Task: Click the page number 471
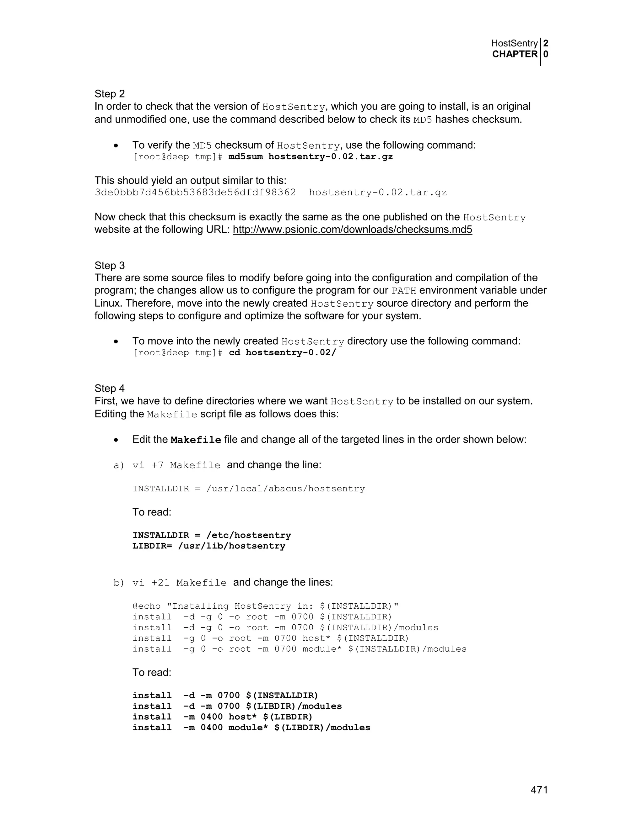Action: point(539,790)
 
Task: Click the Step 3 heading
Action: point(110,265)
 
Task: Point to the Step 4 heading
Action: point(110,388)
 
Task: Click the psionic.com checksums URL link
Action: point(352,230)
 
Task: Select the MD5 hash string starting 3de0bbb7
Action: point(195,193)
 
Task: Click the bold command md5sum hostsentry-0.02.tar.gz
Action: point(311,157)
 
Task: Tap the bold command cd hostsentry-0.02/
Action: point(282,353)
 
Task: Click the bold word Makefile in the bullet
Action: point(196,440)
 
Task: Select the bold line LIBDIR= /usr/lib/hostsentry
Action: point(209,546)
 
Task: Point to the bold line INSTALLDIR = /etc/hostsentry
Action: point(211,535)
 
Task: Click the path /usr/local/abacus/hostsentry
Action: point(285,489)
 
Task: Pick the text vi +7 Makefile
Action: point(176,465)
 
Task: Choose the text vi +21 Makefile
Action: point(179,583)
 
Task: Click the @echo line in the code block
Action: point(266,606)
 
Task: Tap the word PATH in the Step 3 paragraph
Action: point(404,291)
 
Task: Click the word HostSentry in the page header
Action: point(514,43)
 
